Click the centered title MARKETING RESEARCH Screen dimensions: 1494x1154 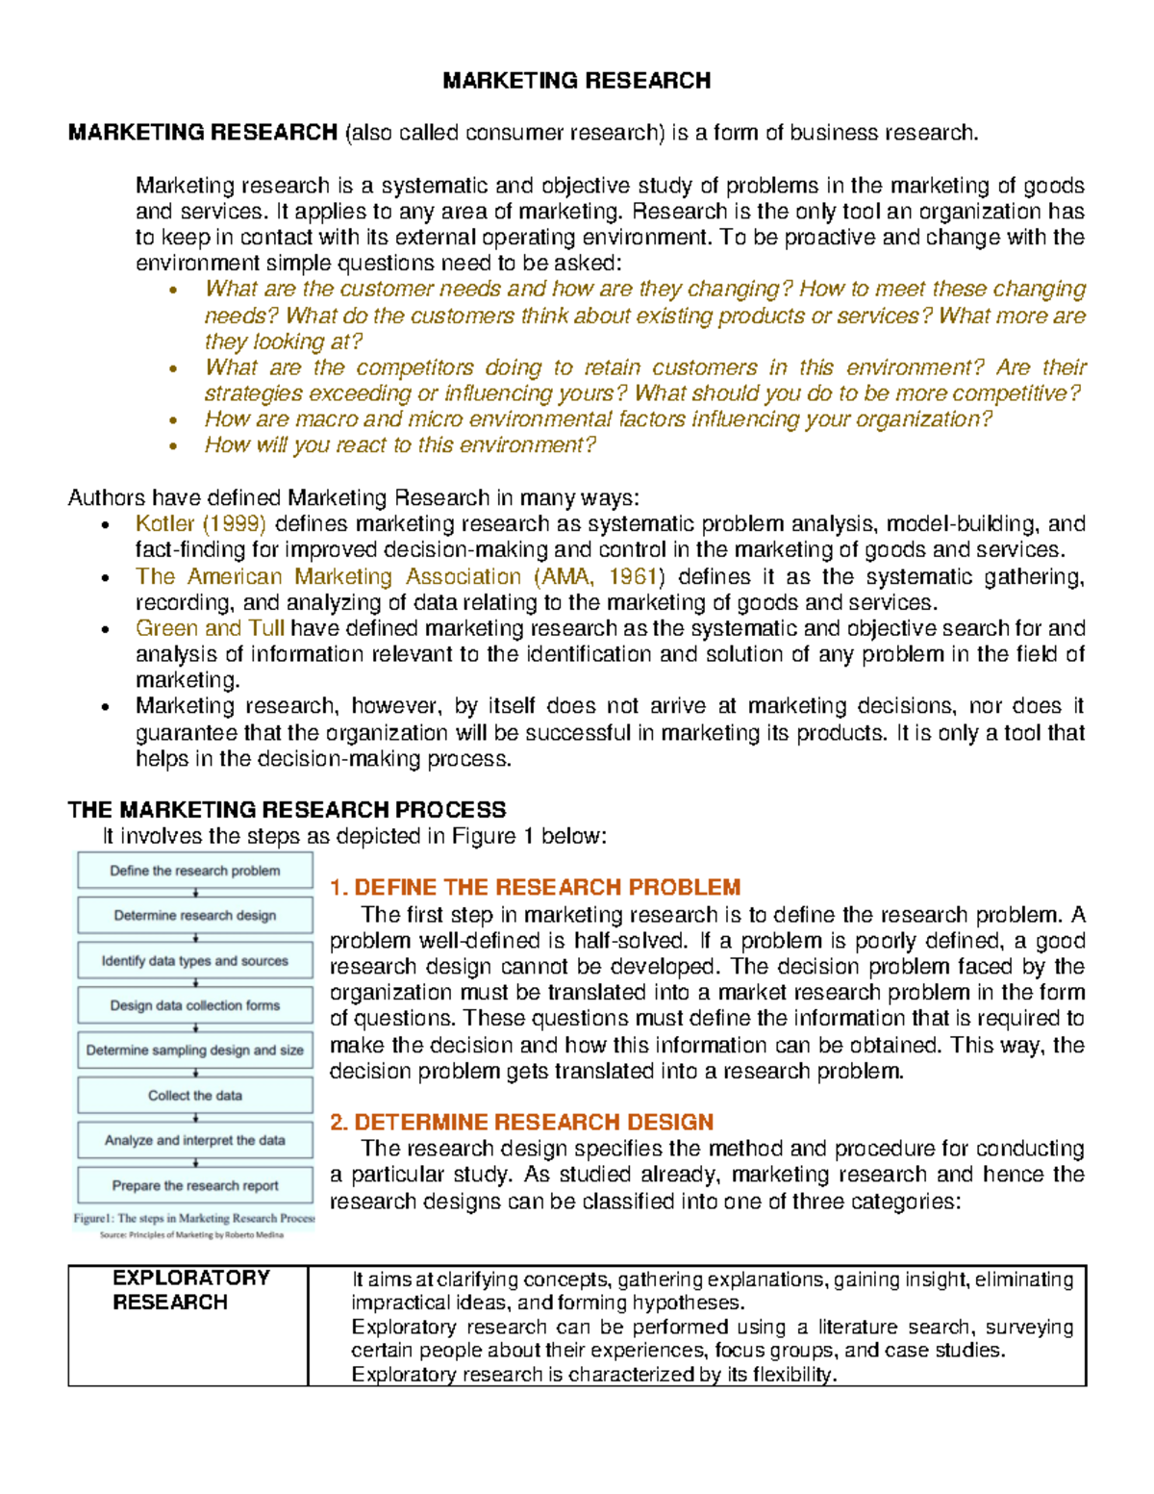tap(576, 81)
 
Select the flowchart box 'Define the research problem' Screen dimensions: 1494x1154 tap(195, 871)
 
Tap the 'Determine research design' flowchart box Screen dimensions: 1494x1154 tap(195, 916)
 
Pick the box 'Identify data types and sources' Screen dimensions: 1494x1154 tap(195, 961)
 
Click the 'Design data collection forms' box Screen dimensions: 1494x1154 tap(195, 1005)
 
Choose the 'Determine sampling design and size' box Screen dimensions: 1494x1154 tap(195, 1051)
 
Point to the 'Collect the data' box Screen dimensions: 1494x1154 tap(195, 1096)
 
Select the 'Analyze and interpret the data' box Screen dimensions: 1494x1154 tap(195, 1140)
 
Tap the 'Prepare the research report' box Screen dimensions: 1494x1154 tap(195, 1185)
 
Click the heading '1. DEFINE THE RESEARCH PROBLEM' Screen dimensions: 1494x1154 tap(535, 887)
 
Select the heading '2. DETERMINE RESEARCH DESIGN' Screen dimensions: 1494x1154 tap(521, 1122)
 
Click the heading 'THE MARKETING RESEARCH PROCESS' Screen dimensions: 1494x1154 tap(287, 810)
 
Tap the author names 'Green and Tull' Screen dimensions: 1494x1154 tap(210, 629)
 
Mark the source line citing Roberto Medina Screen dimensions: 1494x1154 tap(191, 1235)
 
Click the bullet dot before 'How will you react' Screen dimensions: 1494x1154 tap(173, 446)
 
